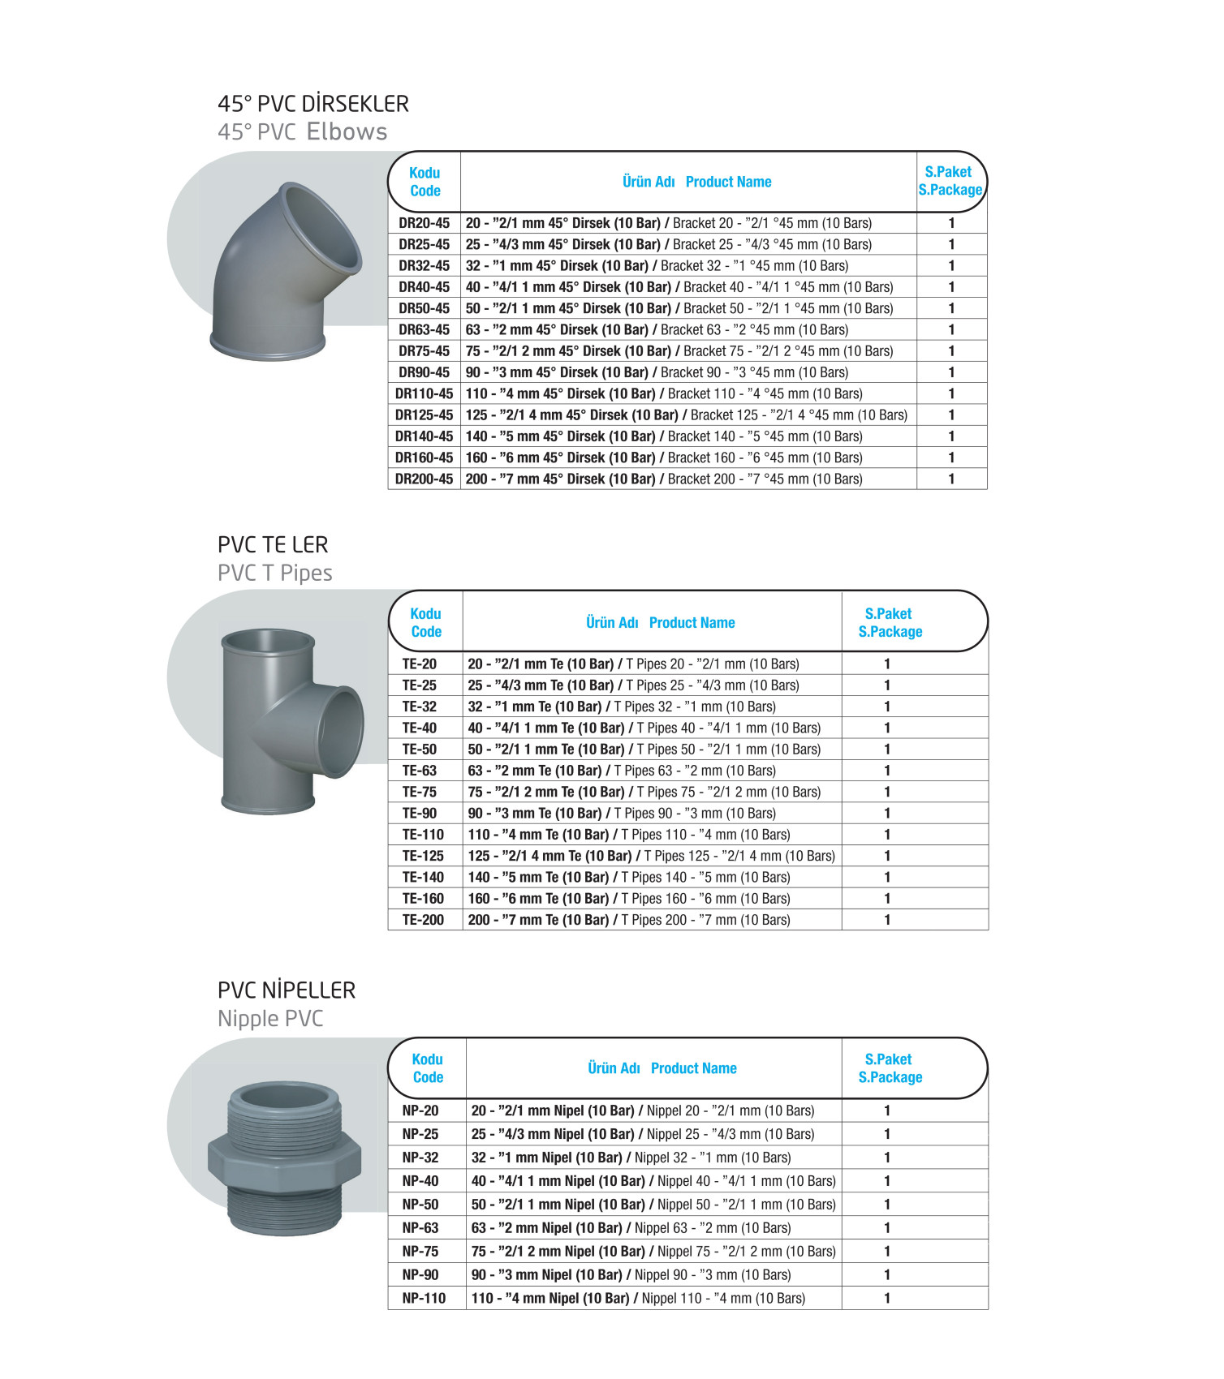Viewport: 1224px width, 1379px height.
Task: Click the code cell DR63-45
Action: (424, 329)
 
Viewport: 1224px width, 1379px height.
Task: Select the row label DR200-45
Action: (424, 479)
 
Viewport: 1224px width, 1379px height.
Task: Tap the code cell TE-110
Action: (423, 835)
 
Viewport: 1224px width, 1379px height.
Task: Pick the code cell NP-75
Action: (420, 1252)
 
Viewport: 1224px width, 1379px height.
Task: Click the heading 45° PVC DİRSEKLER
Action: (313, 104)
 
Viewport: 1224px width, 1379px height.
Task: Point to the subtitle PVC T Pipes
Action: (274, 573)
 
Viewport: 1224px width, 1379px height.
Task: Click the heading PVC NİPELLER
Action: (287, 990)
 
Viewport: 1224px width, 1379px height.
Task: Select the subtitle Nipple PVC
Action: (270, 1019)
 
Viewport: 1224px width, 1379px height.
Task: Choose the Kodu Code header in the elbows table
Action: (425, 182)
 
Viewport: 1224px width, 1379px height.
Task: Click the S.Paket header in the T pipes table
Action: (889, 614)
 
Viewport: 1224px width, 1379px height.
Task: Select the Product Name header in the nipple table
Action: (693, 1068)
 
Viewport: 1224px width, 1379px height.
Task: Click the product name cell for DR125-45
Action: (686, 415)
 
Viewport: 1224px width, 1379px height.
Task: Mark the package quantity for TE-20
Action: (887, 664)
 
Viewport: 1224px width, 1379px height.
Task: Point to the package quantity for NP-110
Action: (887, 1299)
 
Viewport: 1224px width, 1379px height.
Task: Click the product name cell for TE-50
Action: (644, 750)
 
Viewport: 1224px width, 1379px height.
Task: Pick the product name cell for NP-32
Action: (631, 1158)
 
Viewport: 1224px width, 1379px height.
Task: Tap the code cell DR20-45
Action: (424, 223)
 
